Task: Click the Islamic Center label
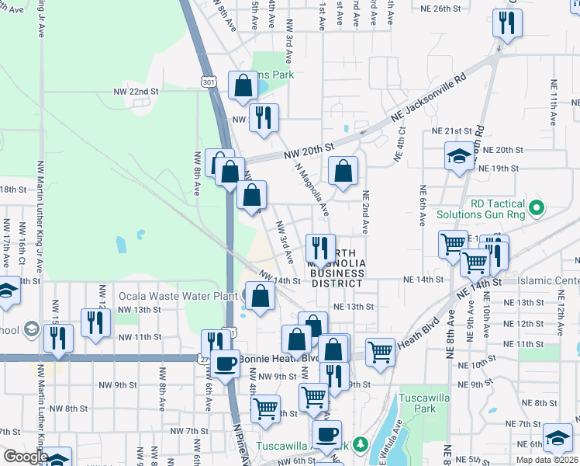(554, 280)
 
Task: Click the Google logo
(25, 457)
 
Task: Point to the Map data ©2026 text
(546, 460)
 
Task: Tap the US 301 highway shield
(206, 81)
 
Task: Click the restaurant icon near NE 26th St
(509, 23)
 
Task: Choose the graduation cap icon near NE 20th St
(459, 155)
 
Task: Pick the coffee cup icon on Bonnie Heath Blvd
(226, 363)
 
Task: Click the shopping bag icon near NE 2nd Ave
(343, 170)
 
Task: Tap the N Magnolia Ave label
(314, 193)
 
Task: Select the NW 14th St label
(280, 279)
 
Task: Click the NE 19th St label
(499, 168)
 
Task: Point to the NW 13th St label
(139, 309)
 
